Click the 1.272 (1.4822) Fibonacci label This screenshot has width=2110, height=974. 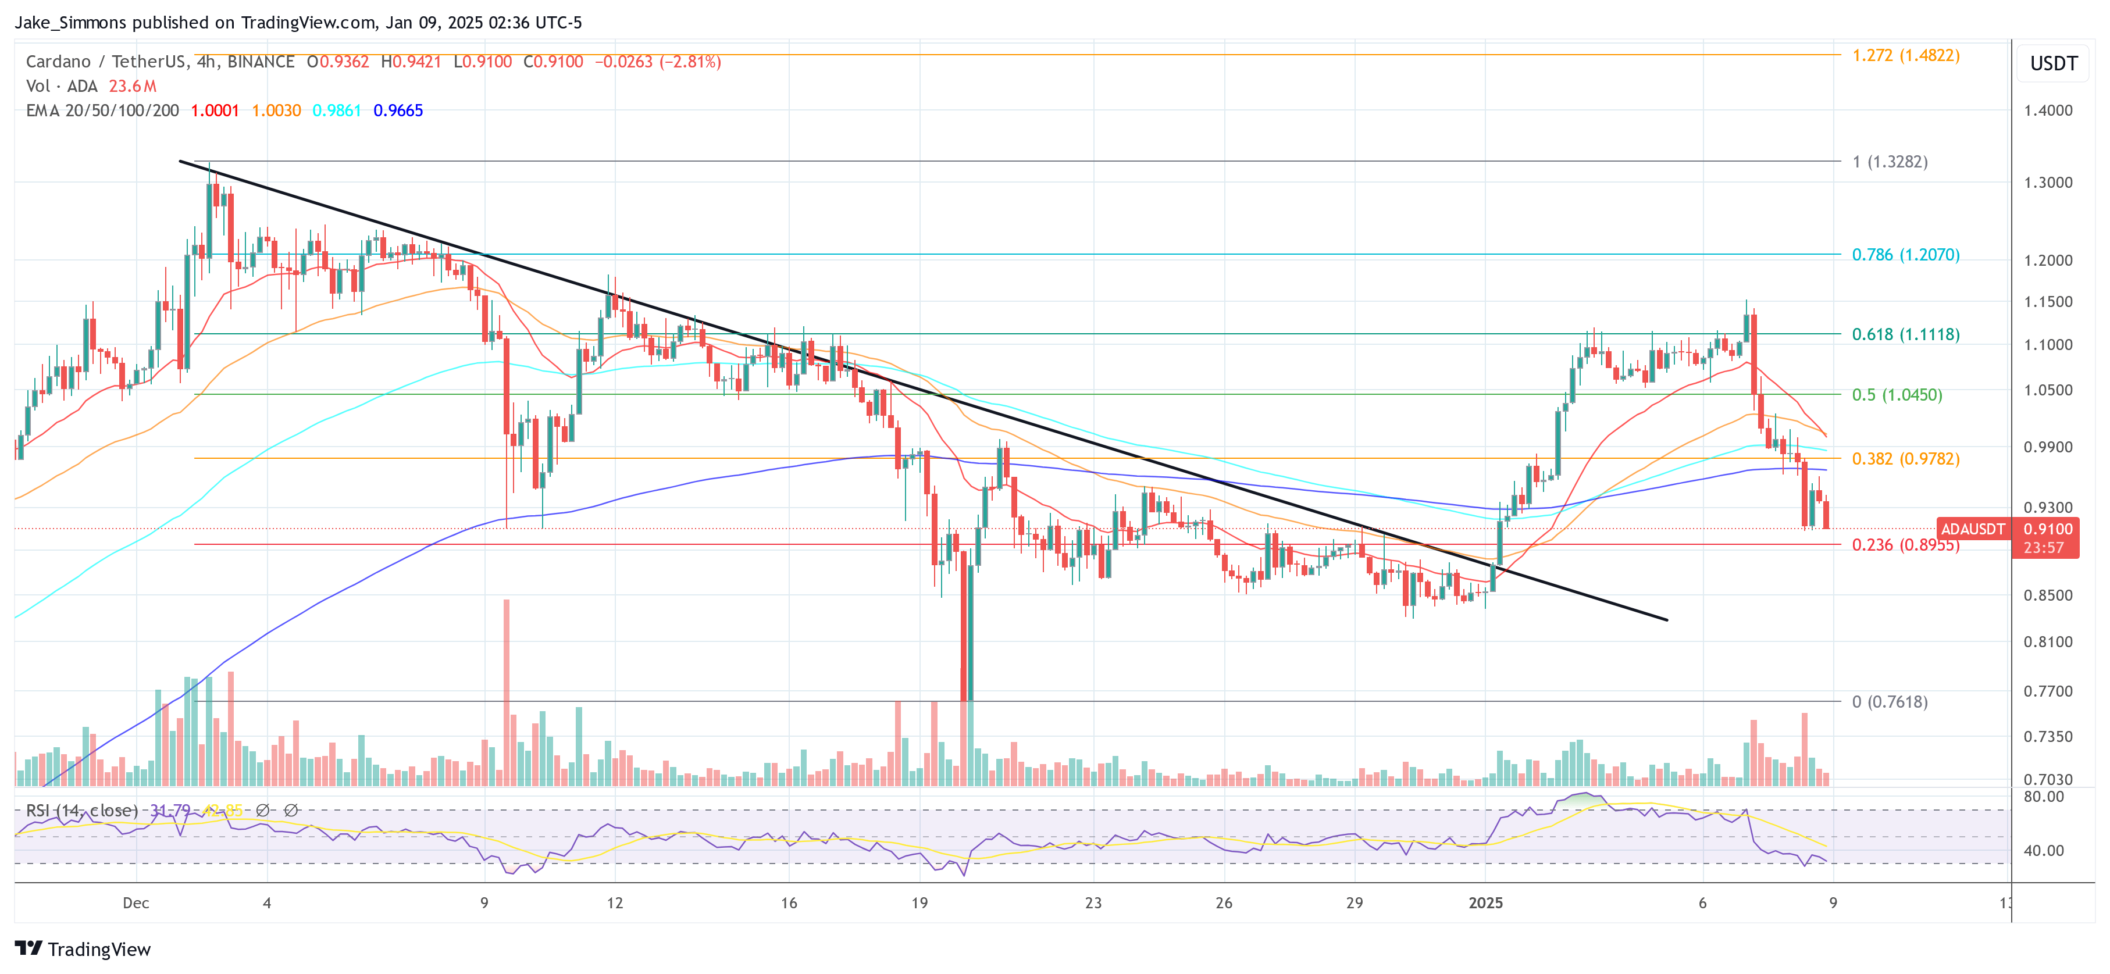coord(1905,56)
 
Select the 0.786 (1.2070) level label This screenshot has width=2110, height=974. coord(1905,255)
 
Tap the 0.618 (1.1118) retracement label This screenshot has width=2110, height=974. coord(1905,334)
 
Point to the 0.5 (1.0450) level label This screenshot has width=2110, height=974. coord(1897,395)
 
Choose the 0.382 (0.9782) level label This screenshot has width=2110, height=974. coord(1905,459)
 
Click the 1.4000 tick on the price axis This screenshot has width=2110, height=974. coord(2048,110)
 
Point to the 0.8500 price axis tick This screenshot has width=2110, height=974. coord(2048,595)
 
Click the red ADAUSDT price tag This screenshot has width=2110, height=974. coord(1972,529)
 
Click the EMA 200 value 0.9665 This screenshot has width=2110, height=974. coord(398,110)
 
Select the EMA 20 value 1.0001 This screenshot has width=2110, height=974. coord(215,110)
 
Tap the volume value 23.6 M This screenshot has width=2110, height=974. coord(133,86)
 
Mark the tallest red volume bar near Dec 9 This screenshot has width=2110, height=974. coord(506,692)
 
